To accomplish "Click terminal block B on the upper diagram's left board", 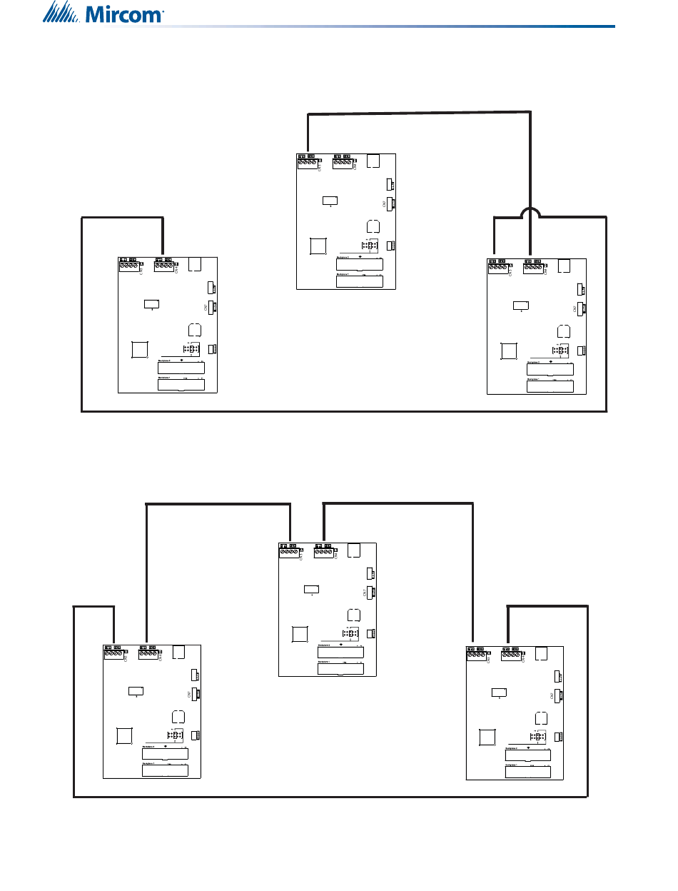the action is [x=164, y=267].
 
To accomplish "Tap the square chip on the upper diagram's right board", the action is [x=509, y=351].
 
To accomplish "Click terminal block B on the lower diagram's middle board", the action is [x=324, y=552].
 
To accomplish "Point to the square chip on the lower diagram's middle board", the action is [x=300, y=635].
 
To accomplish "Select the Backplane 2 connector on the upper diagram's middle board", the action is [x=360, y=264].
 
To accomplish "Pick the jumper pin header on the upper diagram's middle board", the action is [x=368, y=246].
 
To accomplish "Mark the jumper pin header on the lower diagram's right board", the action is [x=537, y=738].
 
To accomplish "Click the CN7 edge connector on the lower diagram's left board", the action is [x=194, y=693].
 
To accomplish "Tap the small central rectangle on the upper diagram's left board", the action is [x=151, y=304].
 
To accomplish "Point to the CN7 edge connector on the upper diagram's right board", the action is [x=582, y=308].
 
